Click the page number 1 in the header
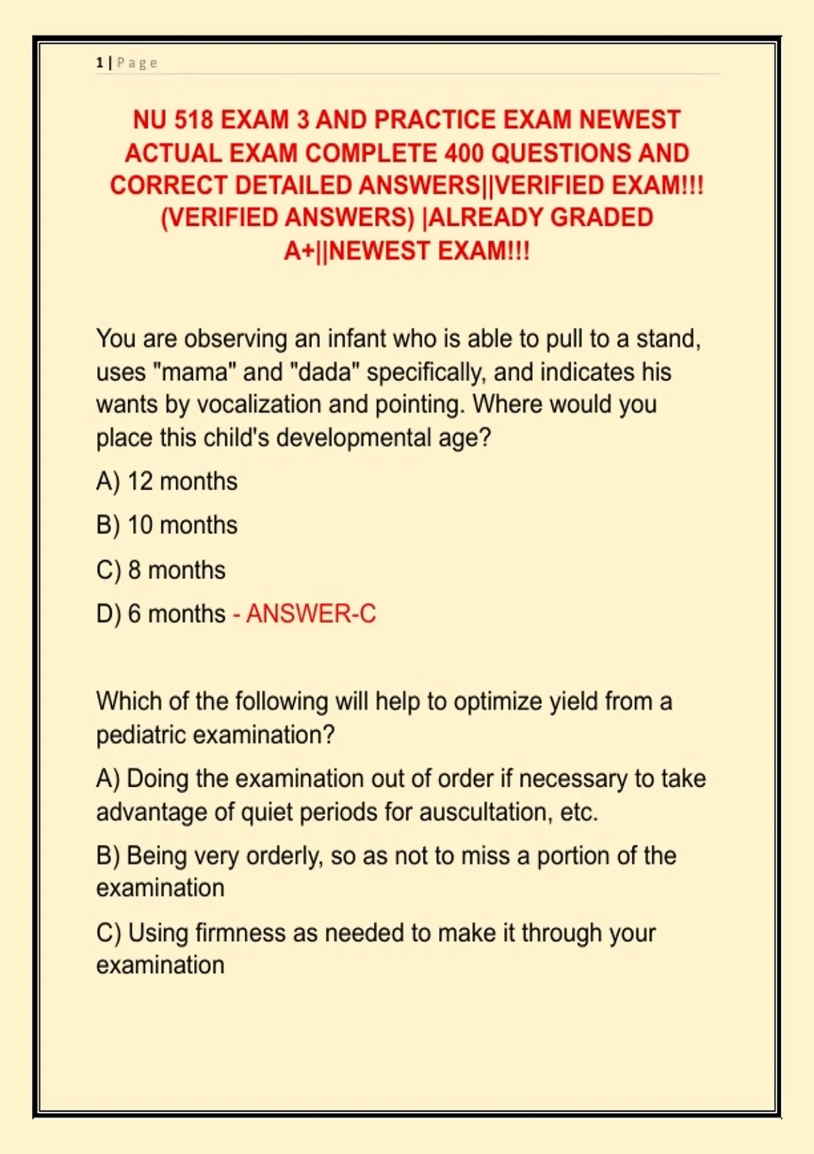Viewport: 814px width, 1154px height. pos(100,63)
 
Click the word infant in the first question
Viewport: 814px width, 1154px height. pos(357,338)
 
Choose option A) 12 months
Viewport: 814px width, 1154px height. pos(167,481)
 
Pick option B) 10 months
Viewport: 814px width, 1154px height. pos(167,525)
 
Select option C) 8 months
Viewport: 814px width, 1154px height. pos(161,570)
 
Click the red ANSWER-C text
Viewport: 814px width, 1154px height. pos(311,614)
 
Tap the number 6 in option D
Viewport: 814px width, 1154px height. pos(134,614)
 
